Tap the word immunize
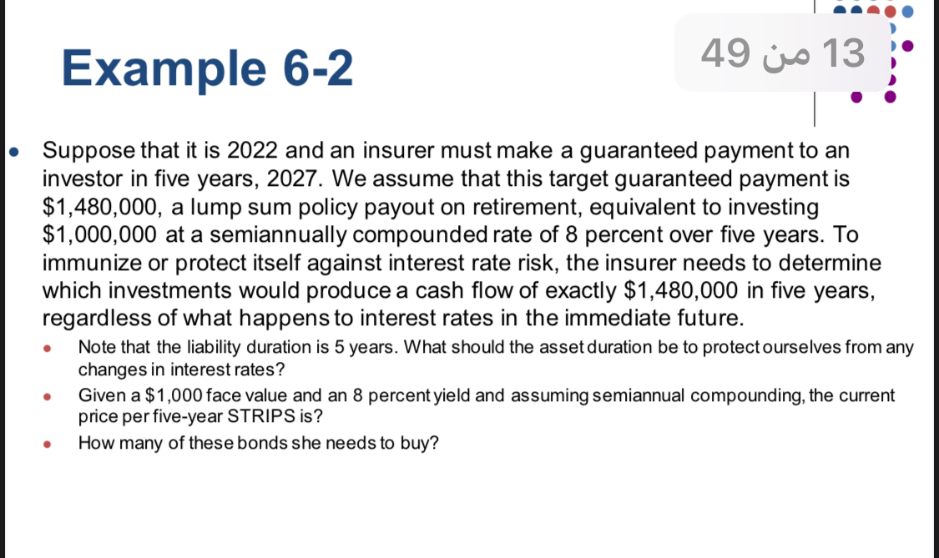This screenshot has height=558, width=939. point(93,264)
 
